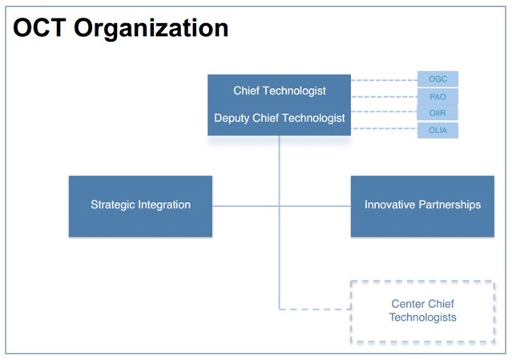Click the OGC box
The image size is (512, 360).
click(437, 79)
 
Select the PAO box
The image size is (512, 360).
click(437, 97)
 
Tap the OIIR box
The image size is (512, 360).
click(437, 113)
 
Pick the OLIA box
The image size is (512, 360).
click(437, 131)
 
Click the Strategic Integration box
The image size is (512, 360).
click(140, 206)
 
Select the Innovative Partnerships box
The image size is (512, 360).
click(422, 206)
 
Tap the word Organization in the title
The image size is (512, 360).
click(151, 30)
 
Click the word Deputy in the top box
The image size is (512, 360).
click(232, 118)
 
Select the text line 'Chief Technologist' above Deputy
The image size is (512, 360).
click(280, 91)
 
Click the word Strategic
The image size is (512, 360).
click(112, 204)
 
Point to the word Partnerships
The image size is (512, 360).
click(450, 204)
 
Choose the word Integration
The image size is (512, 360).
click(164, 204)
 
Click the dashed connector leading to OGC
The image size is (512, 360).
click(385, 80)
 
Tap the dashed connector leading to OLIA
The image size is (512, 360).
click(385, 129)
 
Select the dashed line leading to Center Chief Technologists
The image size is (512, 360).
click(315, 309)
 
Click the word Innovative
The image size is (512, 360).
click(389, 204)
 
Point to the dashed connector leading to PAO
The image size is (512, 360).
click(385, 97)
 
